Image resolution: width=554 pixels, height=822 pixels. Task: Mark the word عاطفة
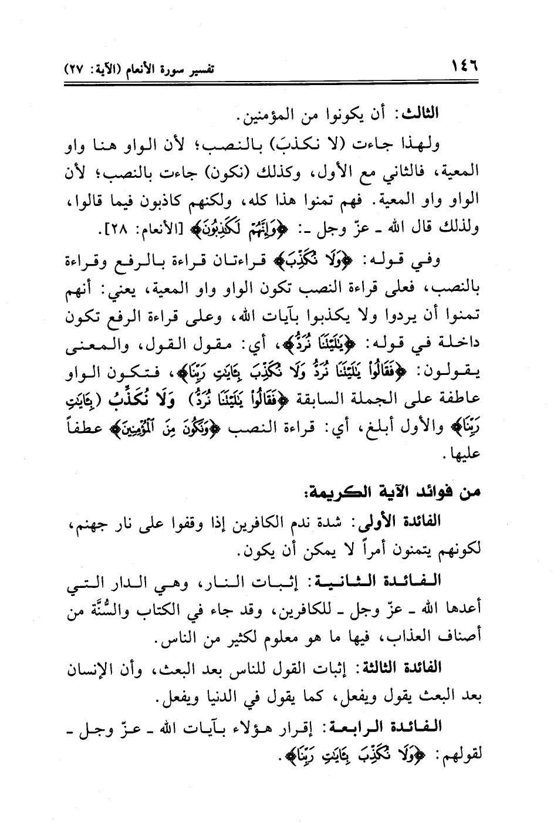(x=460, y=400)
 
